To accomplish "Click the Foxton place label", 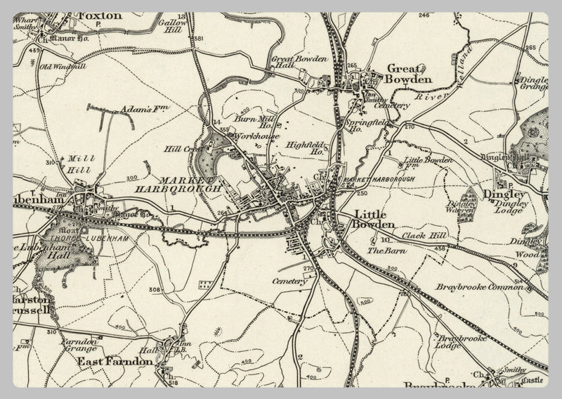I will click(100, 15).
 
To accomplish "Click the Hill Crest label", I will click(178, 149).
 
